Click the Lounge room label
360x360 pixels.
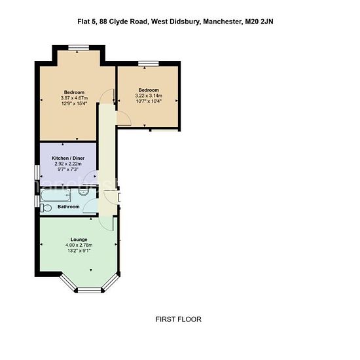click(x=79, y=240)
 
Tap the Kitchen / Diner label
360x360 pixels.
click(x=68, y=158)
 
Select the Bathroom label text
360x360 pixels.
click(x=69, y=207)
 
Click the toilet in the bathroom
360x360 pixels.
click(x=46, y=208)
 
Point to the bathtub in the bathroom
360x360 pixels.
click(x=56, y=196)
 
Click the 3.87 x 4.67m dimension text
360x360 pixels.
click(x=74, y=98)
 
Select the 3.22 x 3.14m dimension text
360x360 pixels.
click(x=149, y=96)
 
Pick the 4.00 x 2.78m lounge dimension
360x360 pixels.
click(x=79, y=245)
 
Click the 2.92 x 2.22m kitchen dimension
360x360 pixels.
click(x=68, y=164)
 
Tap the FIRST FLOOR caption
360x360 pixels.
click(x=179, y=319)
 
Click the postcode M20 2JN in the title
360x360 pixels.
click(x=259, y=22)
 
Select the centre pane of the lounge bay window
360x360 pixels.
click(x=89, y=290)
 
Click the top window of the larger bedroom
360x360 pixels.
click(x=79, y=47)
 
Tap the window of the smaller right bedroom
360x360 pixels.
click(x=149, y=63)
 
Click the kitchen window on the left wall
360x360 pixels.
click(x=37, y=172)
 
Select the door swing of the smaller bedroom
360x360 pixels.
click(x=124, y=118)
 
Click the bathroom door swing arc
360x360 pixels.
click(x=90, y=206)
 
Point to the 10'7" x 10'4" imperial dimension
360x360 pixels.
click(x=149, y=101)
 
